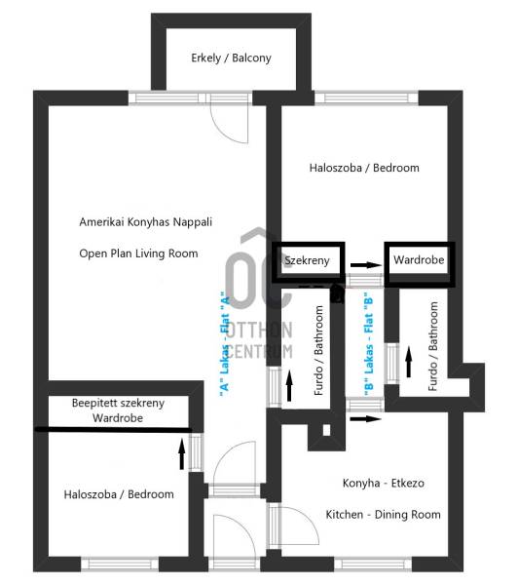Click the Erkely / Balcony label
pyautogui.click(x=231, y=58)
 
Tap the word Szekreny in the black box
pyautogui.click(x=307, y=260)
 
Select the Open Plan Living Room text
pyautogui.click(x=138, y=253)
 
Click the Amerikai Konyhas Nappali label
pyautogui.click(x=146, y=222)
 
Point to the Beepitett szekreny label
pyautogui.click(x=118, y=403)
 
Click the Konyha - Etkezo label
pyautogui.click(x=384, y=484)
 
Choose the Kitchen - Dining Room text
pyautogui.click(x=384, y=515)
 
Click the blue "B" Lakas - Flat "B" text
pyautogui.click(x=368, y=344)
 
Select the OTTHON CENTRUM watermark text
pyautogui.click(x=260, y=340)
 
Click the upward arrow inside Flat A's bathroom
pyautogui.click(x=289, y=385)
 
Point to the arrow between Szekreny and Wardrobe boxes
pyautogui.click(x=366, y=265)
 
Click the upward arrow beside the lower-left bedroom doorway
pyautogui.click(x=182, y=453)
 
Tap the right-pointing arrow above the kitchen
pyautogui.click(x=366, y=419)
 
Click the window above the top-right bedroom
pyautogui.click(x=367, y=98)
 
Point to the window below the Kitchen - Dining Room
pyautogui.click(x=373, y=565)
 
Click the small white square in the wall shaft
pyautogui.click(x=326, y=430)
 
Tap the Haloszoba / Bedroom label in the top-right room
pyautogui.click(x=364, y=168)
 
